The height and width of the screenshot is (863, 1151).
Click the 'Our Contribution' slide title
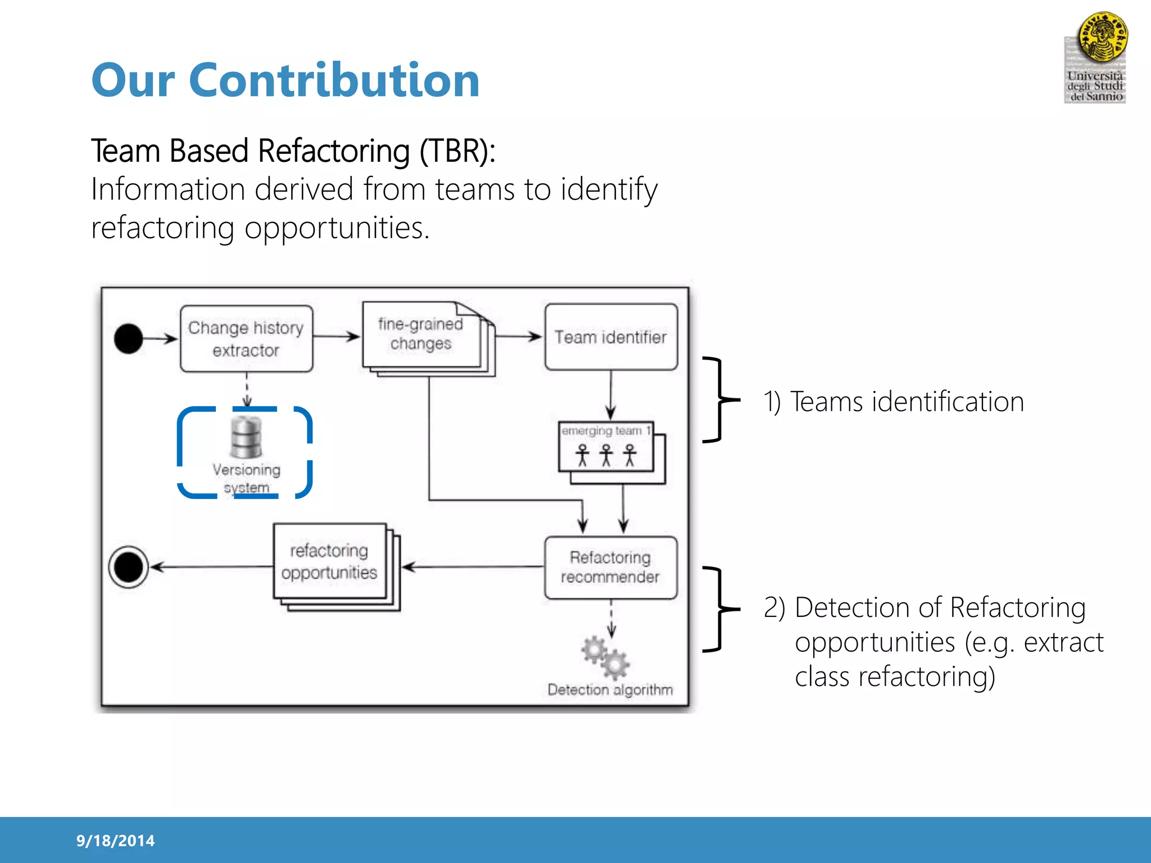[x=286, y=80]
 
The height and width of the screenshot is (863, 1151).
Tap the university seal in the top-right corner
[x=1102, y=37]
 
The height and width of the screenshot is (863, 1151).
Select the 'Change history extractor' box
[x=246, y=339]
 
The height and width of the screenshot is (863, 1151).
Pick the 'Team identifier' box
[x=611, y=337]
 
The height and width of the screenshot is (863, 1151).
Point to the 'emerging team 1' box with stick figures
[x=606, y=447]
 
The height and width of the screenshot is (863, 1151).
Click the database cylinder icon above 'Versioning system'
[x=246, y=437]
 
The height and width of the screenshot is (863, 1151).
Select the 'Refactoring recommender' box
[x=611, y=567]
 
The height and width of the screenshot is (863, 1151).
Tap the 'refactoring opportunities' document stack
[x=330, y=562]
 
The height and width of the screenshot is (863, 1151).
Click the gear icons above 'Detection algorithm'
[x=605, y=657]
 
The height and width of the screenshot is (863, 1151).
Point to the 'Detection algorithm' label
[x=610, y=689]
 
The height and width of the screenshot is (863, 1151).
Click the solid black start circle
[x=129, y=339]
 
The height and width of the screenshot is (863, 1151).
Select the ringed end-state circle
[x=129, y=567]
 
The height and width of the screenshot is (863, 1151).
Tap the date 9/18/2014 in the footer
[x=115, y=841]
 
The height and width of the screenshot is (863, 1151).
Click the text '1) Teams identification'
[x=894, y=402]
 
